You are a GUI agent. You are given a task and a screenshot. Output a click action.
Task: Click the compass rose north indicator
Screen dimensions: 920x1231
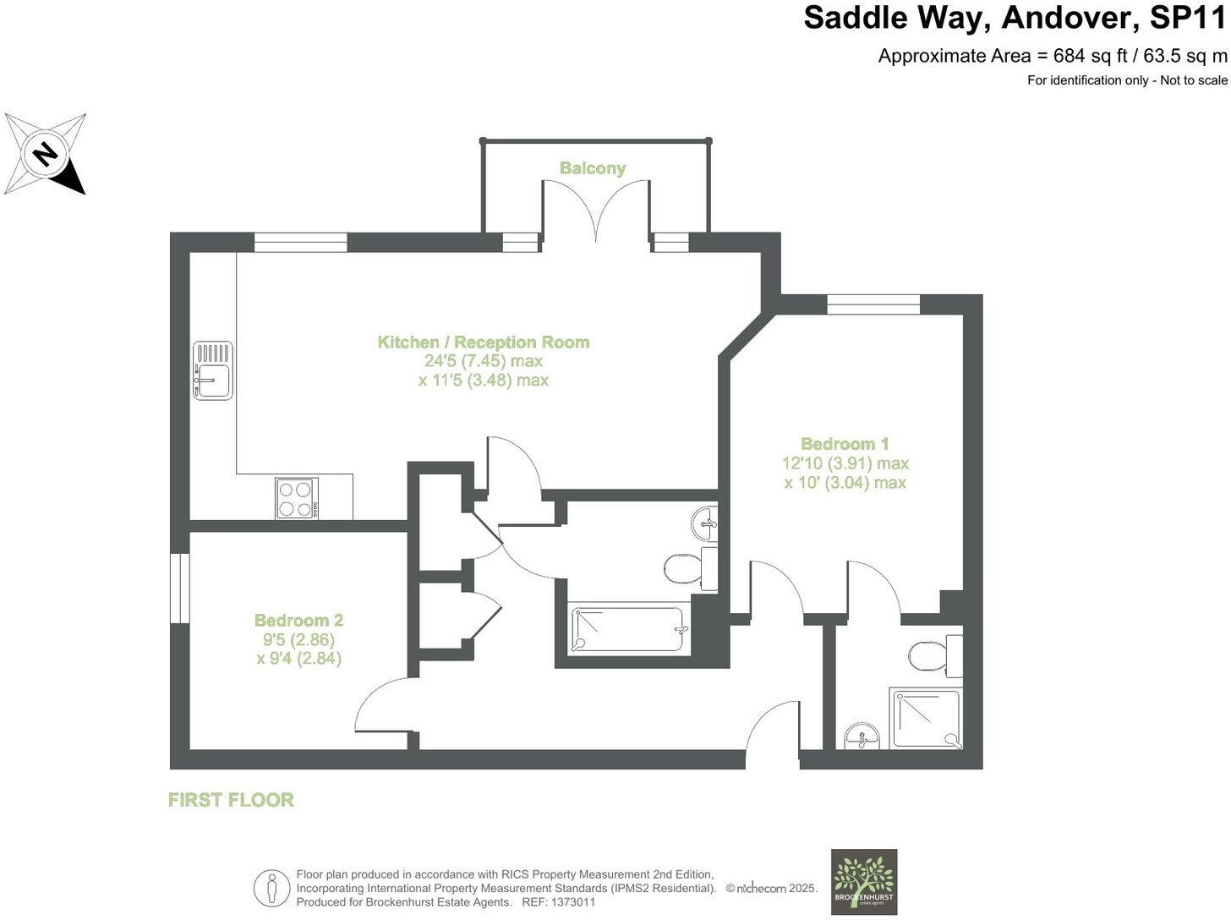(x=46, y=155)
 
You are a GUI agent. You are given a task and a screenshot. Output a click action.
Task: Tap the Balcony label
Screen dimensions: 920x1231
(x=592, y=168)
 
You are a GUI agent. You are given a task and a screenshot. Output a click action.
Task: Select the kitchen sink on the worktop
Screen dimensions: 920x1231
(x=212, y=370)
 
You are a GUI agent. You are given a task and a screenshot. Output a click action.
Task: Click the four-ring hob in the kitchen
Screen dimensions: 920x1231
(x=297, y=498)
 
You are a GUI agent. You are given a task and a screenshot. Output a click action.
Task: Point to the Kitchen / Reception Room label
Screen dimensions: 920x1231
(x=483, y=342)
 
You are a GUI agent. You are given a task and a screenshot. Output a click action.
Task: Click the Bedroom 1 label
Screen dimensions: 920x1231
(x=845, y=444)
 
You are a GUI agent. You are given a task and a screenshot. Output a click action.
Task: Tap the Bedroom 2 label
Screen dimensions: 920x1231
(x=298, y=621)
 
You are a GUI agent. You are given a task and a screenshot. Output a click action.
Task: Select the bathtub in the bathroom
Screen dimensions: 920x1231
(x=628, y=630)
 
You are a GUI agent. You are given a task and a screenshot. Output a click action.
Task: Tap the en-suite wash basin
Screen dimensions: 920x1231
(x=862, y=736)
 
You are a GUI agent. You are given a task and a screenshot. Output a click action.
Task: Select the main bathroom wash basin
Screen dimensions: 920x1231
(x=704, y=524)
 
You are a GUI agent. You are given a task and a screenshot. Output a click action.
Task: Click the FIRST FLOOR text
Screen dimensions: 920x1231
(x=231, y=800)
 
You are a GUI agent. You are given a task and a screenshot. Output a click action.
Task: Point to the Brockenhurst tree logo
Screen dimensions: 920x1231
(x=863, y=881)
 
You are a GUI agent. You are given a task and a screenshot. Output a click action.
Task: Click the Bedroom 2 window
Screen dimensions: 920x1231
(x=179, y=589)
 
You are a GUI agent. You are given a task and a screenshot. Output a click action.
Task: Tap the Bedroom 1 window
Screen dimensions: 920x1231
(x=873, y=304)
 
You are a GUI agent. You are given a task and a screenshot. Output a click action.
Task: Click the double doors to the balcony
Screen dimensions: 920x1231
(x=596, y=211)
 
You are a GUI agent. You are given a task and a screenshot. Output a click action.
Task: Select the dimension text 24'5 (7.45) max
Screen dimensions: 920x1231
(x=483, y=361)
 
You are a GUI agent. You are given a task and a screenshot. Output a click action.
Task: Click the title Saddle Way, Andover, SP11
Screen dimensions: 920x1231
(x=1015, y=18)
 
